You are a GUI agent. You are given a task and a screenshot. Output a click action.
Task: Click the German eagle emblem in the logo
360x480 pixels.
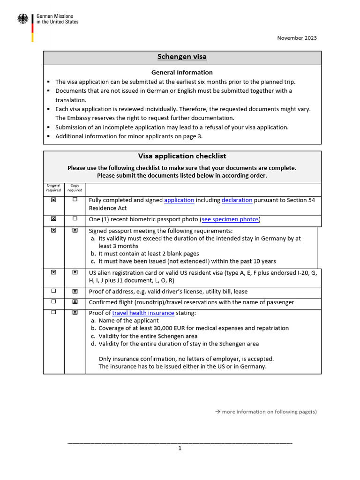click(x=22, y=19)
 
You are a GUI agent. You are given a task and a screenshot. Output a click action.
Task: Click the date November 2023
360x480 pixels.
click(x=297, y=38)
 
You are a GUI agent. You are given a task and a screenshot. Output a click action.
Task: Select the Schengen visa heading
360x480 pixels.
click(x=182, y=57)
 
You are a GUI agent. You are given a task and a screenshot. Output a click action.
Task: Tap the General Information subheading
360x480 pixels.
click(x=182, y=72)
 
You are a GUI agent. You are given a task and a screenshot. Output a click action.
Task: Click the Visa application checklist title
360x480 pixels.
click(x=182, y=156)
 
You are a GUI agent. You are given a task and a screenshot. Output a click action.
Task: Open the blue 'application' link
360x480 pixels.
click(x=179, y=200)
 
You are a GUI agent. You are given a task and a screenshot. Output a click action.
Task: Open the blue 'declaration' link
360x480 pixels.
click(x=237, y=200)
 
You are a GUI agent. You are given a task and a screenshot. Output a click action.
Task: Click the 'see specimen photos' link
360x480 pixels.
click(x=230, y=219)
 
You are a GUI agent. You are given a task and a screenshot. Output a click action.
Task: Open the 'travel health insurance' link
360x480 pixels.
click(x=143, y=313)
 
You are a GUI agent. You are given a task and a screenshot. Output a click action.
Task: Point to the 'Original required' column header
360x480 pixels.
click(x=53, y=187)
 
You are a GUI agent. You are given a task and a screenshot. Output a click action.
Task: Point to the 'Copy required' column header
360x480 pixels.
click(x=75, y=187)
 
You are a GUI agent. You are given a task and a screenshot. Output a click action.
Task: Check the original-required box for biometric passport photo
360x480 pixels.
click(x=53, y=219)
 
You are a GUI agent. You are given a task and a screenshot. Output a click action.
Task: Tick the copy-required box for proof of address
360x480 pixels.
click(x=75, y=291)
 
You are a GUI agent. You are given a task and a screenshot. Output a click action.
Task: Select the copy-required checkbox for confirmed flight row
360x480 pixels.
click(x=75, y=302)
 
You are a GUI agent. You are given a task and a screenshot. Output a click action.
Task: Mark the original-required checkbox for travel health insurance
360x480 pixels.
click(x=53, y=313)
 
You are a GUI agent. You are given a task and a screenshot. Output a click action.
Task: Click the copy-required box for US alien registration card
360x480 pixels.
click(x=75, y=272)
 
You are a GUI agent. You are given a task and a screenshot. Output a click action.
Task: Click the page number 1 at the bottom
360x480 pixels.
click(x=180, y=449)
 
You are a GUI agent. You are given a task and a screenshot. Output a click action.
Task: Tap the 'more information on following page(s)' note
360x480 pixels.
click(x=266, y=412)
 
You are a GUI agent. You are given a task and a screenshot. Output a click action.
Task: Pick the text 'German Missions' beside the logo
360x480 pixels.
click(x=54, y=16)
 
